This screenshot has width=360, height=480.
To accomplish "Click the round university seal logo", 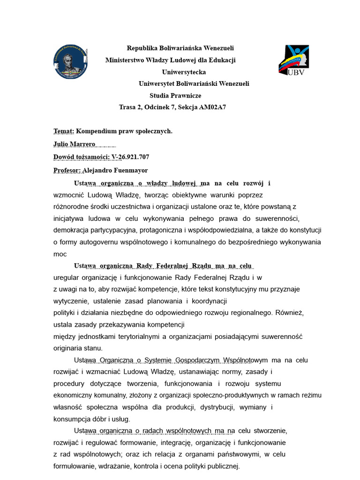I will coord(70,62).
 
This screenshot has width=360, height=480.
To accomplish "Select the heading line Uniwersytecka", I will coord(184,72).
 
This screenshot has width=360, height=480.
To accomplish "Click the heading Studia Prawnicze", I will coord(175,95).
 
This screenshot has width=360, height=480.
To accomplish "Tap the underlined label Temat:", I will coord(64,131).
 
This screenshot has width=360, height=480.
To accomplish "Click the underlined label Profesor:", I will coord(67,170).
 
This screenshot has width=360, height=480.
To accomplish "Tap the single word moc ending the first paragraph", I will coord(60,254).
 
